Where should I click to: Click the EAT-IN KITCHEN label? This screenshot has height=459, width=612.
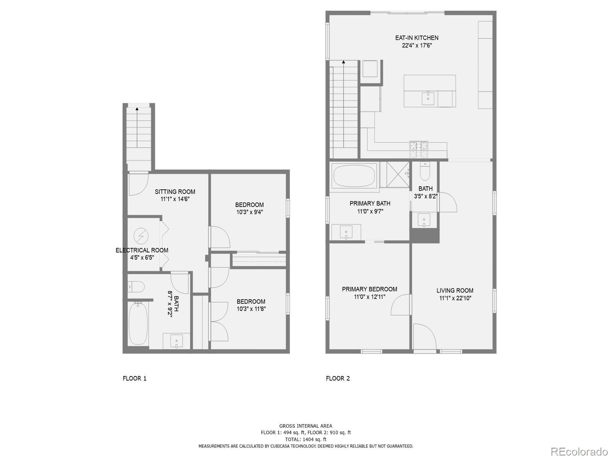(417, 38)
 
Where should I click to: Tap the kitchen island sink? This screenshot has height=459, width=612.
(428, 99)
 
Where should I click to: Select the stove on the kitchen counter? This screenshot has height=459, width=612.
(419, 149)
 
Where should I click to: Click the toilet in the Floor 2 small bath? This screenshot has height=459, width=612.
(425, 172)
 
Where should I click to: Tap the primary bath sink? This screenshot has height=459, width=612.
(346, 232)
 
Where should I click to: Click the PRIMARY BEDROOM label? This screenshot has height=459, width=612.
(369, 289)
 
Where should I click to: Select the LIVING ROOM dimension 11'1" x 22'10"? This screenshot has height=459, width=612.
(455, 298)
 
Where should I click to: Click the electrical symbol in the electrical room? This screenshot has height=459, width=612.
(141, 236)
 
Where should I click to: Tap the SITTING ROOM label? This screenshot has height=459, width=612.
(175, 192)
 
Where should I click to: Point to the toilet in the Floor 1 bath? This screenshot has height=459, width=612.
(136, 286)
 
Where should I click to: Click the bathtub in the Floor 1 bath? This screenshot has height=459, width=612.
(138, 324)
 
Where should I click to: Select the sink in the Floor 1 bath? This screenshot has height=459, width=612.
(176, 340)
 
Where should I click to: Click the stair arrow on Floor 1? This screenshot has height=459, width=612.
(137, 109)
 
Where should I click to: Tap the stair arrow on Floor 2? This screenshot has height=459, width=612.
(343, 62)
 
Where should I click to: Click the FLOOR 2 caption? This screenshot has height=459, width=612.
(338, 378)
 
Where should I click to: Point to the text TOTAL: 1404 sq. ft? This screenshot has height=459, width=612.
(305, 439)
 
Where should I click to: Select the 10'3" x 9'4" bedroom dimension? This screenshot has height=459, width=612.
(249, 212)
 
